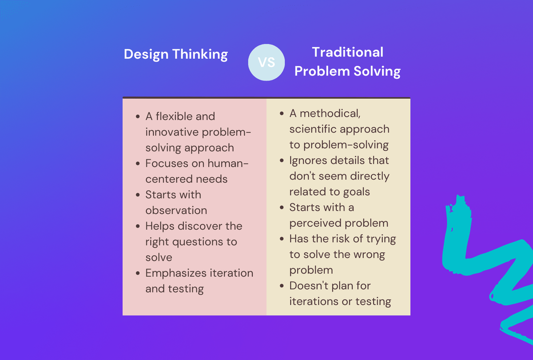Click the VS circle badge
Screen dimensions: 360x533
point(266,62)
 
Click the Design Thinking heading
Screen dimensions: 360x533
point(176,54)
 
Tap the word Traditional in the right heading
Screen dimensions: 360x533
point(347,52)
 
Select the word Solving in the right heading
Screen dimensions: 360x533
point(378,71)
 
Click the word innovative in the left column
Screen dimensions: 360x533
point(172,132)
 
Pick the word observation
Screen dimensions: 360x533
point(176,210)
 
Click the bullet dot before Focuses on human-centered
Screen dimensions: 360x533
point(138,164)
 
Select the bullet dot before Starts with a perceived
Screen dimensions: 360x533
point(282,208)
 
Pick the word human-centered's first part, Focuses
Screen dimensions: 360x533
point(167,164)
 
